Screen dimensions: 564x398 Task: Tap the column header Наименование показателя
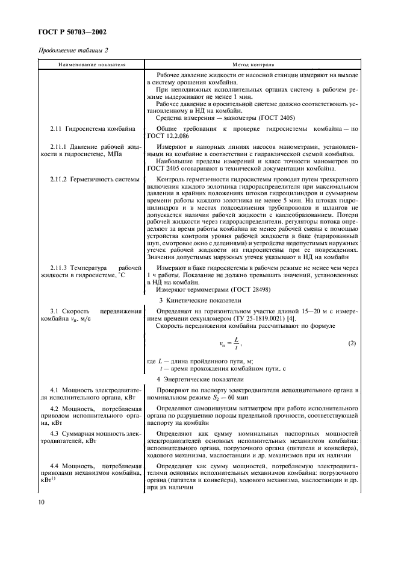click(x=93, y=64)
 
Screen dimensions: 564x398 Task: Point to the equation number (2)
click(x=352, y=343)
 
